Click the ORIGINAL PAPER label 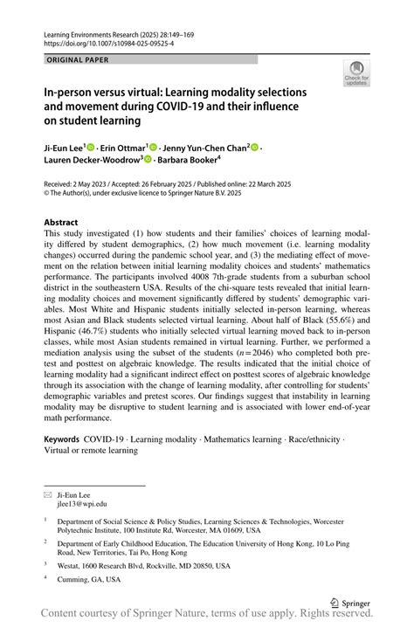pos(76,59)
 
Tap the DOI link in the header pos(102,41)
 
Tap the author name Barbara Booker pos(189,161)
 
